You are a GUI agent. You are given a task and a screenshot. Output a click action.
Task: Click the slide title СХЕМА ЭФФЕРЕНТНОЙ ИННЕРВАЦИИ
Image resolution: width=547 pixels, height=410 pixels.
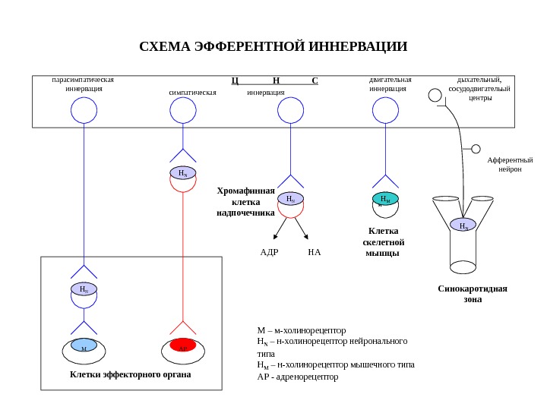[273, 47]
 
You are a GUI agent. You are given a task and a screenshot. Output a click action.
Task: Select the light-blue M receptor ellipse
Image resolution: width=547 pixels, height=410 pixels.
[84, 347]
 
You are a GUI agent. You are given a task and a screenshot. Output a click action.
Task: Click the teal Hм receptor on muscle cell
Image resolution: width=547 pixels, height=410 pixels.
[386, 199]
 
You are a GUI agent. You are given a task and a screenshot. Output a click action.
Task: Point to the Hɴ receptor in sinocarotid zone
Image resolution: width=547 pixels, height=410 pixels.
[463, 225]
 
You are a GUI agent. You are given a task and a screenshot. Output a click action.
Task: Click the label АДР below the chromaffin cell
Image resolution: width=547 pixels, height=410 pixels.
[269, 251]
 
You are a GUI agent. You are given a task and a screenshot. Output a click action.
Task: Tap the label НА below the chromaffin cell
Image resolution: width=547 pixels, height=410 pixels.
[315, 251]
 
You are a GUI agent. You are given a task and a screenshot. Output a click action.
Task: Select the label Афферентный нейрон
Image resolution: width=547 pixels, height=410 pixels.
[510, 165]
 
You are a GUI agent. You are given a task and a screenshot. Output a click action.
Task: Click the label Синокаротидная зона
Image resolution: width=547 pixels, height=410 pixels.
[473, 294]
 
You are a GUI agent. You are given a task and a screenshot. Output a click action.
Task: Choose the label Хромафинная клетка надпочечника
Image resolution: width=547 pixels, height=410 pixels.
[245, 202]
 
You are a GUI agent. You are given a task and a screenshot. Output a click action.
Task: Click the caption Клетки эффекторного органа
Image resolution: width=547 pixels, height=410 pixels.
[131, 375]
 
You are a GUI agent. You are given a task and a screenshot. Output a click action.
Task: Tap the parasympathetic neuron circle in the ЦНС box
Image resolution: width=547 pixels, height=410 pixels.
[84, 111]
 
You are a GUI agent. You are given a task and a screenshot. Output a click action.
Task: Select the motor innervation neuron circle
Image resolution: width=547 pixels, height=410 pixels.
[386, 111]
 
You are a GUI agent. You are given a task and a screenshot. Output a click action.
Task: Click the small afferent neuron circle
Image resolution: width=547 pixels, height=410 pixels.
[476, 149]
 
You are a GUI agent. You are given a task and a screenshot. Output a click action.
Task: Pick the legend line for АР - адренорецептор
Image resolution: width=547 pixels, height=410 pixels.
[298, 377]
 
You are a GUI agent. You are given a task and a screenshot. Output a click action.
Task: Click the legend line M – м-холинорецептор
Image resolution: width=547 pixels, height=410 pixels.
[302, 330]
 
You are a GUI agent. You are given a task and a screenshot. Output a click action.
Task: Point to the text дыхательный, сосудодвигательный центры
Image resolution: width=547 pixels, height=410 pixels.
[479, 88]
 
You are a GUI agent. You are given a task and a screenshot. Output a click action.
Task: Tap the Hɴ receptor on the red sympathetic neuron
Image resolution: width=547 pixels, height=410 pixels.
[182, 173]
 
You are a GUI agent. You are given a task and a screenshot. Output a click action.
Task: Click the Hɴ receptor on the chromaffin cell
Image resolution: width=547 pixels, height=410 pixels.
[289, 199]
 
